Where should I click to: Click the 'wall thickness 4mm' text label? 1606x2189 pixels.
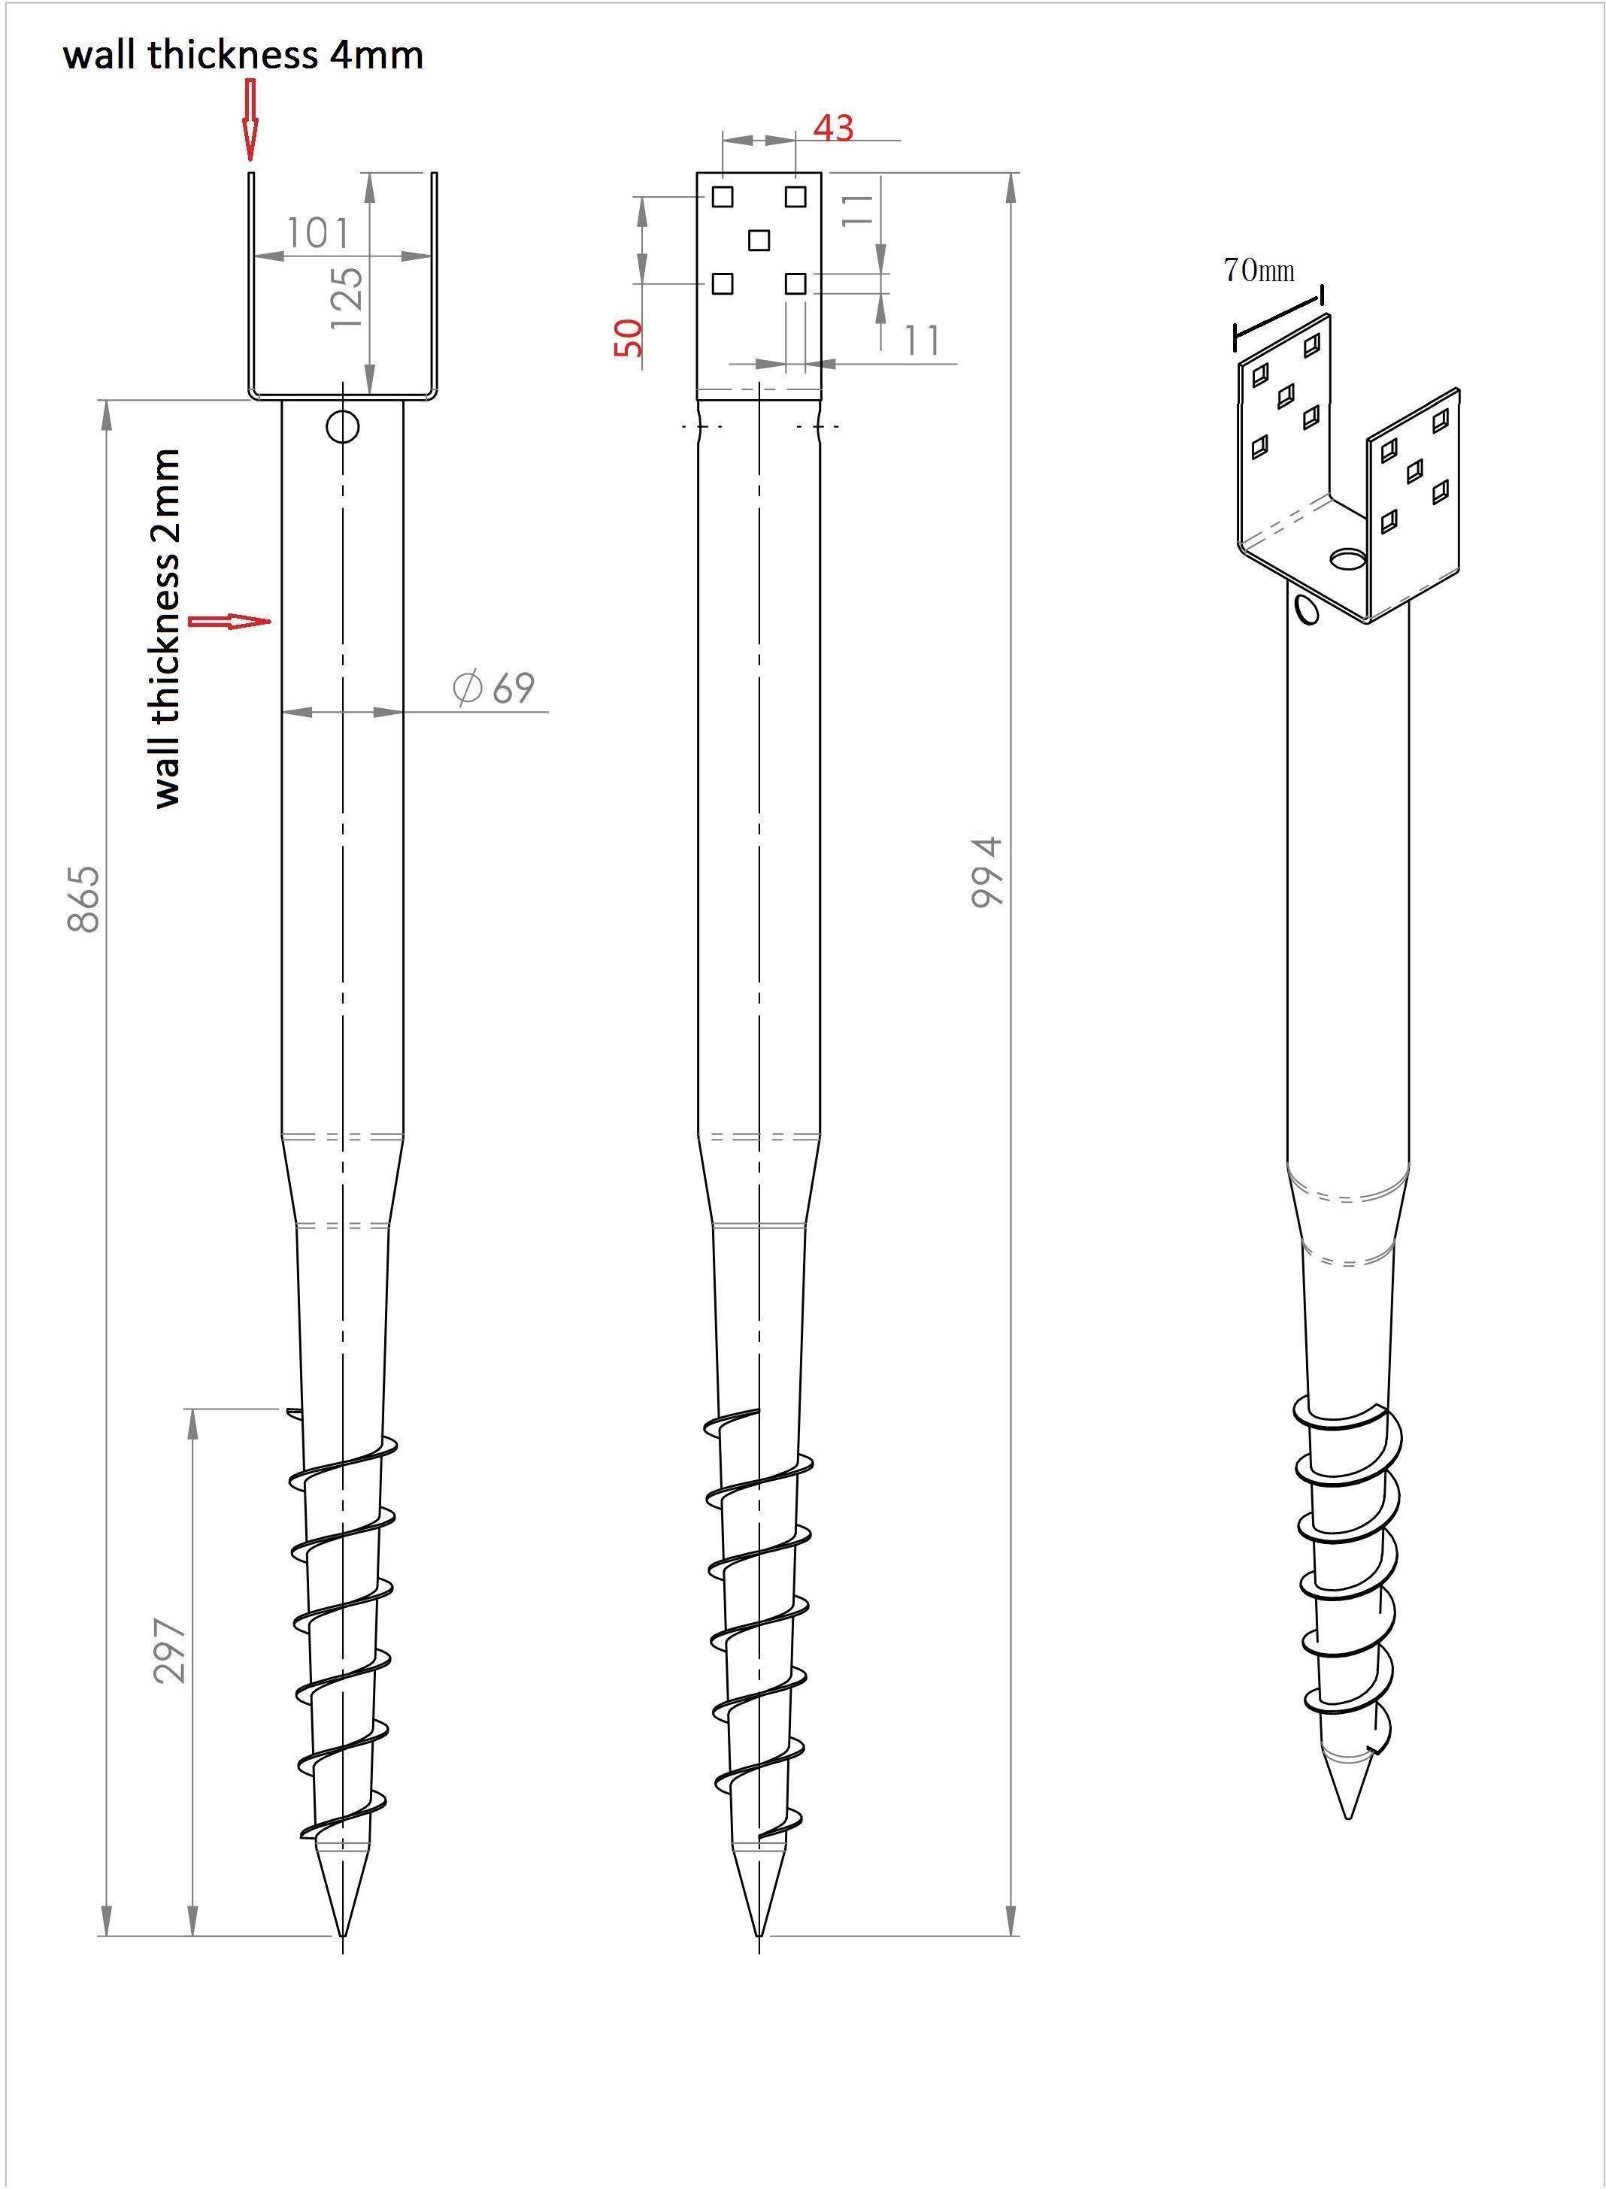[243, 54]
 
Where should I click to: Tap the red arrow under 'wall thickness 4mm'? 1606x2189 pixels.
[250, 120]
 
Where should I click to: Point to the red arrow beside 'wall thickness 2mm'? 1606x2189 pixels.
[229, 621]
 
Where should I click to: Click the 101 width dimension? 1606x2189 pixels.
[318, 233]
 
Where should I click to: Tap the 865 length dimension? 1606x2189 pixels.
[84, 898]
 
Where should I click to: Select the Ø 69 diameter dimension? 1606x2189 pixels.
[494, 687]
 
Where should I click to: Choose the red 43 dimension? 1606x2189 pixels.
[833, 127]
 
